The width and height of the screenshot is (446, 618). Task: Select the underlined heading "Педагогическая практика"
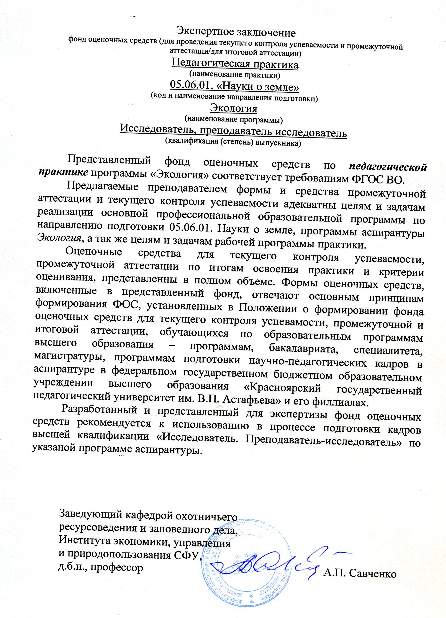click(x=235, y=64)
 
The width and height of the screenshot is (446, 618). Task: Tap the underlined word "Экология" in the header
click(x=233, y=108)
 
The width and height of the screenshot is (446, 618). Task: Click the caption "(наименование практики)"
click(x=235, y=74)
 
